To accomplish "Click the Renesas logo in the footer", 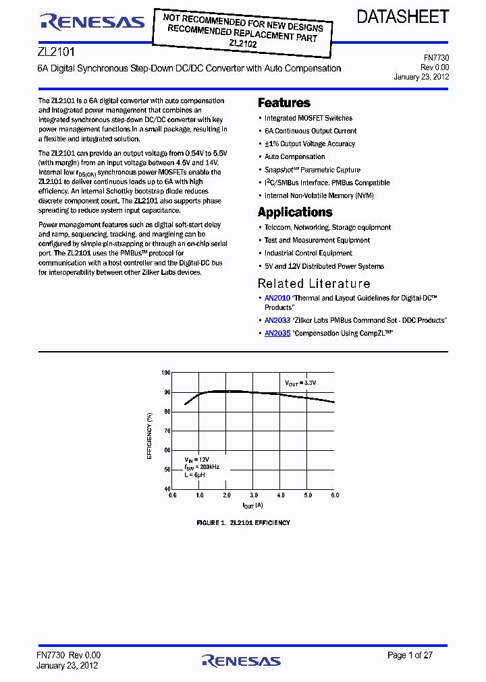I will (241, 660).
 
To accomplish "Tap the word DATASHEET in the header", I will (403, 18).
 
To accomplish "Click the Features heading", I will (284, 103).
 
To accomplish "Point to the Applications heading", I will (295, 212).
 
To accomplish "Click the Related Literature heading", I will (314, 284).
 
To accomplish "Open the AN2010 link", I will (277, 298).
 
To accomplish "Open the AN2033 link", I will (277, 321).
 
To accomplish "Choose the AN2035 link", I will (277, 334).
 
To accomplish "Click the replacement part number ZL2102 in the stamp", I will (243, 43).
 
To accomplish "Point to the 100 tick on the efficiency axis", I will (166, 373).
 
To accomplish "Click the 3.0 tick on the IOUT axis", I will (254, 495).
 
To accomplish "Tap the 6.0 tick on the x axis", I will (334, 495).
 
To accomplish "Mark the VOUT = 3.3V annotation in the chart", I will (300, 383).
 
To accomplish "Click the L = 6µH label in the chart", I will (194, 475).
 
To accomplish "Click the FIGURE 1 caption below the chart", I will (243, 523).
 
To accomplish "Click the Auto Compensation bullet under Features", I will (294, 157).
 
